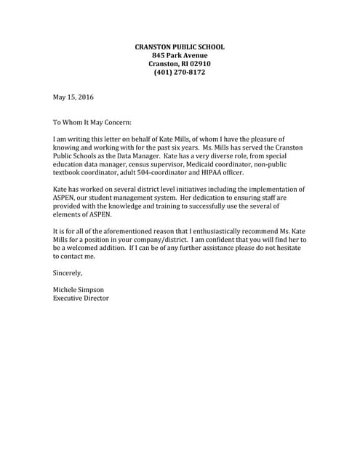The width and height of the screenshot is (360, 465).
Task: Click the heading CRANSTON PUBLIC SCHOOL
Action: click(x=180, y=47)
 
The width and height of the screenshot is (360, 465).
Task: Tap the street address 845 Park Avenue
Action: click(x=180, y=56)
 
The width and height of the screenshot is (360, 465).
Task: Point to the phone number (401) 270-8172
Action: click(x=180, y=73)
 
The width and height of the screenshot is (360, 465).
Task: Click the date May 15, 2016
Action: click(x=73, y=97)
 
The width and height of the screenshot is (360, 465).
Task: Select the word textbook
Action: click(x=71, y=173)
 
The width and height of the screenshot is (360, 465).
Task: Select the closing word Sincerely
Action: click(x=68, y=272)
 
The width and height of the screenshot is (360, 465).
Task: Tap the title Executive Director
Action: click(x=81, y=298)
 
